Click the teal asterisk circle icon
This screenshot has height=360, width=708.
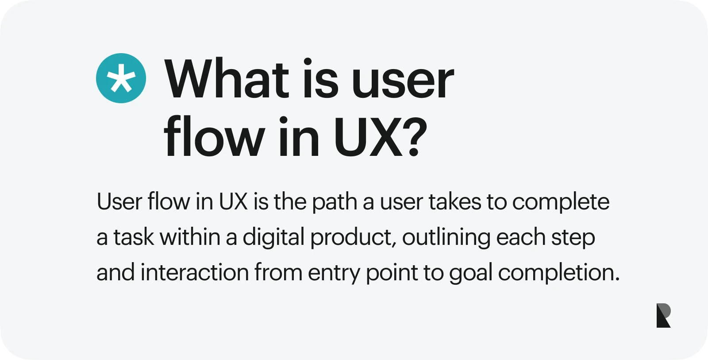tap(121, 78)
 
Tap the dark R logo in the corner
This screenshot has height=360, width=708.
tap(663, 315)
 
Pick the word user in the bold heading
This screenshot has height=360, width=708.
tap(403, 83)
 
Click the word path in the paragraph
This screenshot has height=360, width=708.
tap(335, 203)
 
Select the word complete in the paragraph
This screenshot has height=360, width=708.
tap(561, 203)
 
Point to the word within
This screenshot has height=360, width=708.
tap(190, 236)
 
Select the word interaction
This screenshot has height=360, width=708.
tap(195, 272)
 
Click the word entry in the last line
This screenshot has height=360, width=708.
tap(334, 274)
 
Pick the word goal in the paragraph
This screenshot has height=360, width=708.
tap(471, 274)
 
